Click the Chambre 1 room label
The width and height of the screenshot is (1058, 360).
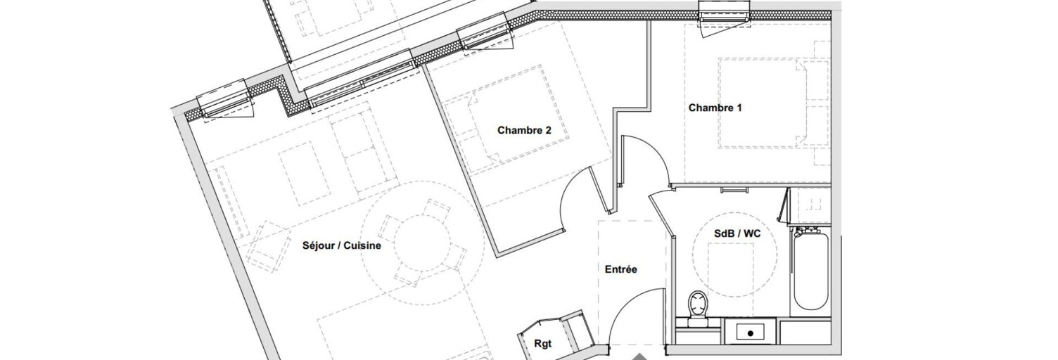point(715,108)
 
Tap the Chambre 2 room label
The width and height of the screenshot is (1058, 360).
point(524,130)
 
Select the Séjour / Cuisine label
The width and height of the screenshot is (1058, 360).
point(341,246)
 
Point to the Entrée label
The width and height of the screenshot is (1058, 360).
point(621,269)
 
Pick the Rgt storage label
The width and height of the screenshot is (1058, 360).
point(543,344)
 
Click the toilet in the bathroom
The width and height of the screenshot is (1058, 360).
point(698,308)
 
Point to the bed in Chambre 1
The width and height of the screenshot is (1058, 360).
point(761,103)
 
